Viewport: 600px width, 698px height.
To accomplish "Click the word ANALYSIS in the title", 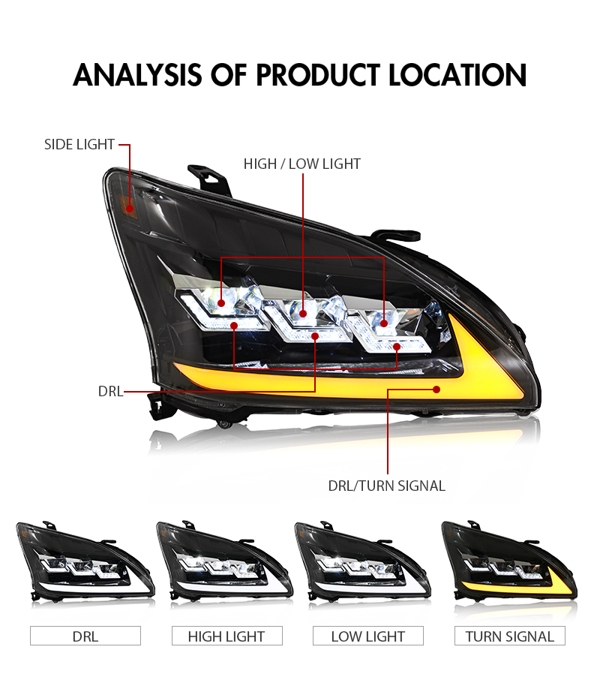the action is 137,75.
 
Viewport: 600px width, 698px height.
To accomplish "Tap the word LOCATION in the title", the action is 457,75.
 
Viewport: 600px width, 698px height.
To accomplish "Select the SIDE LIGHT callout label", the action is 79,144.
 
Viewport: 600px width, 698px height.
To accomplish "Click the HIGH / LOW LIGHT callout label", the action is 302,164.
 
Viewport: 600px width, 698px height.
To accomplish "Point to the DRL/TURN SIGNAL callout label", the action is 386,486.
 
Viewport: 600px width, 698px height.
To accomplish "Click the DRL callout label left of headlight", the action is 110,391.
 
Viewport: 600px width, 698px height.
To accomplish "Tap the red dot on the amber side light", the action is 130,208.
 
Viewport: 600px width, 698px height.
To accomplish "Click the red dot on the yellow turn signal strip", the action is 436,390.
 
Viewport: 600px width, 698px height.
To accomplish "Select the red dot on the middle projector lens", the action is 303,314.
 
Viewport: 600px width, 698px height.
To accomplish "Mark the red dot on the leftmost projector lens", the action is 221,304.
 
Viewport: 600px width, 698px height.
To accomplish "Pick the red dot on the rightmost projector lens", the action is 384,323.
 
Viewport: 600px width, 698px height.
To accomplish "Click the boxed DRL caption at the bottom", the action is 85,636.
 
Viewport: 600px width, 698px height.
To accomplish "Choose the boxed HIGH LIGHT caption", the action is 226,636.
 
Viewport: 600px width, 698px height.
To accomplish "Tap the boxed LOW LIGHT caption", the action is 367,636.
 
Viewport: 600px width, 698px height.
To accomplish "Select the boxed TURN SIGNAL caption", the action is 510,636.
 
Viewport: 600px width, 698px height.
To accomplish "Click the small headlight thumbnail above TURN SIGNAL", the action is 508,562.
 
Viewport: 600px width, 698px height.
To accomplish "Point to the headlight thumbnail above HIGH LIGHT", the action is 224,562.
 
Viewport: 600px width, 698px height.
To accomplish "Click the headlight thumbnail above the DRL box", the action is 85,562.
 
